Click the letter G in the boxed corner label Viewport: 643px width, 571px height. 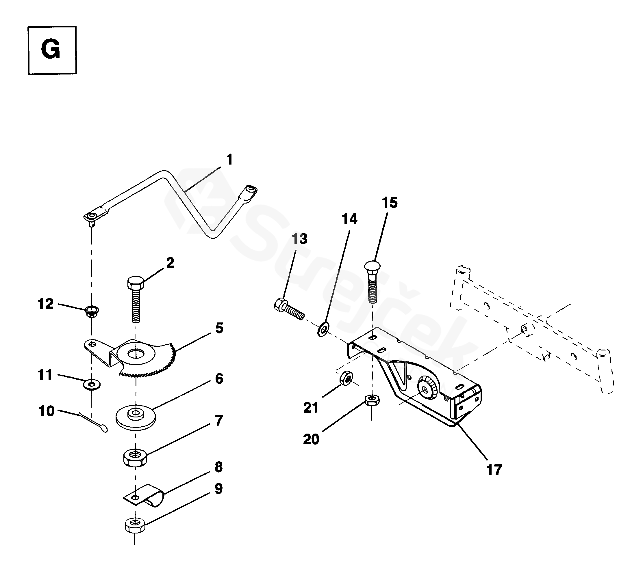[x=50, y=50]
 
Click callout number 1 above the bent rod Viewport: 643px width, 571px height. [x=230, y=160]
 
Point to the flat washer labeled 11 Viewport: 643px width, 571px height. [x=92, y=384]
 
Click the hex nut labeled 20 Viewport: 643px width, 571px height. [x=372, y=401]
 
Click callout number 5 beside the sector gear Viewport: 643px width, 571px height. [x=219, y=328]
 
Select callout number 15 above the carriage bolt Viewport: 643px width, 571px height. [x=390, y=203]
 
